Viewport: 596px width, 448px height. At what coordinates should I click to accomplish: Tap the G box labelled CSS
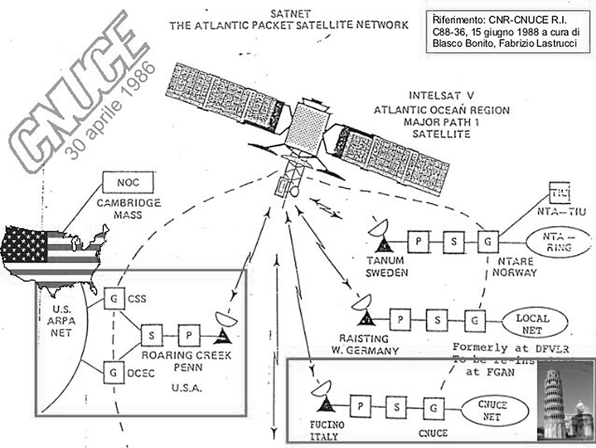114,298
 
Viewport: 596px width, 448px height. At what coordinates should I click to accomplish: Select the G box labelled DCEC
113,373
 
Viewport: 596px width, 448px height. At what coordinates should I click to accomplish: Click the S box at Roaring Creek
152,336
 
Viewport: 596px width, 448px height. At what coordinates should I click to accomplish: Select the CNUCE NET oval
495,411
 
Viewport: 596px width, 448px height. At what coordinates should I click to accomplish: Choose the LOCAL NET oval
532,324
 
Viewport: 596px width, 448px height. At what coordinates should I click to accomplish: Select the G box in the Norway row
488,242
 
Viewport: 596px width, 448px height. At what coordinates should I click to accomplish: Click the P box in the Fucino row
360,407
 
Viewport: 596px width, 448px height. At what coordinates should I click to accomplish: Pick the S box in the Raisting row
437,320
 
